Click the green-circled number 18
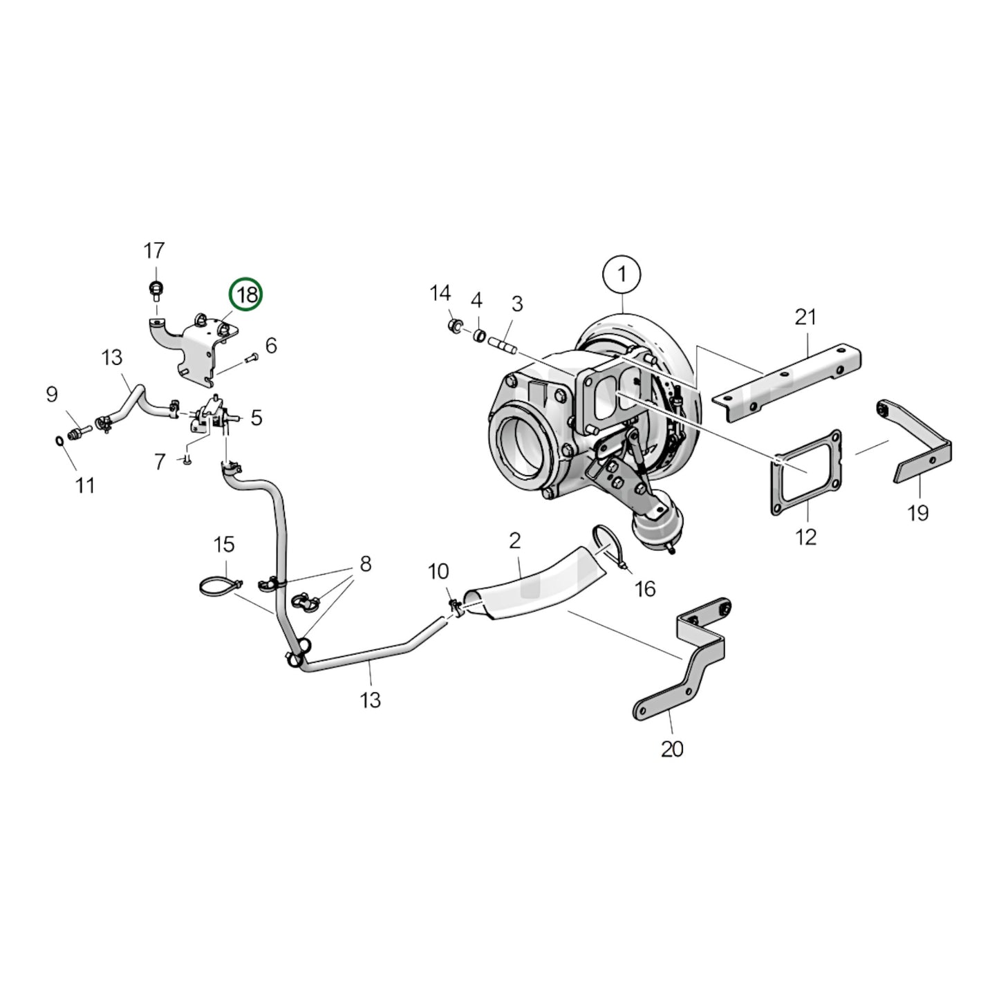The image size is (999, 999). click(247, 295)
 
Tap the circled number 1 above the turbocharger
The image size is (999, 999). click(621, 274)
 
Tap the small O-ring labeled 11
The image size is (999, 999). click(60, 440)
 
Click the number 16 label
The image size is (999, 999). click(644, 588)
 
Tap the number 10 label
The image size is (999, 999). click(438, 572)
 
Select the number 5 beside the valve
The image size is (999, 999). click(256, 418)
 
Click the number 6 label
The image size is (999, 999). click(271, 345)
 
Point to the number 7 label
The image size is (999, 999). click(160, 461)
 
